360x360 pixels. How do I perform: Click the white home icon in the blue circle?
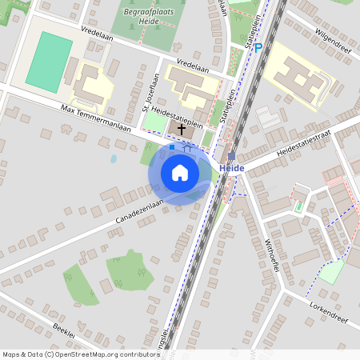(x=180, y=173)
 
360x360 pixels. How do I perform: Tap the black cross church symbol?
(x=182, y=128)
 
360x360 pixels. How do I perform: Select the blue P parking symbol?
(x=258, y=47)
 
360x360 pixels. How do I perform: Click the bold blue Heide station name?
(x=231, y=168)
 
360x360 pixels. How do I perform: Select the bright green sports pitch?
(x=50, y=60)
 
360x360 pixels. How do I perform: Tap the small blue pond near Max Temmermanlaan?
(x=114, y=158)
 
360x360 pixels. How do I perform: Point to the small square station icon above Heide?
(x=231, y=156)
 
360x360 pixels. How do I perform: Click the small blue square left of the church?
(x=171, y=147)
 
